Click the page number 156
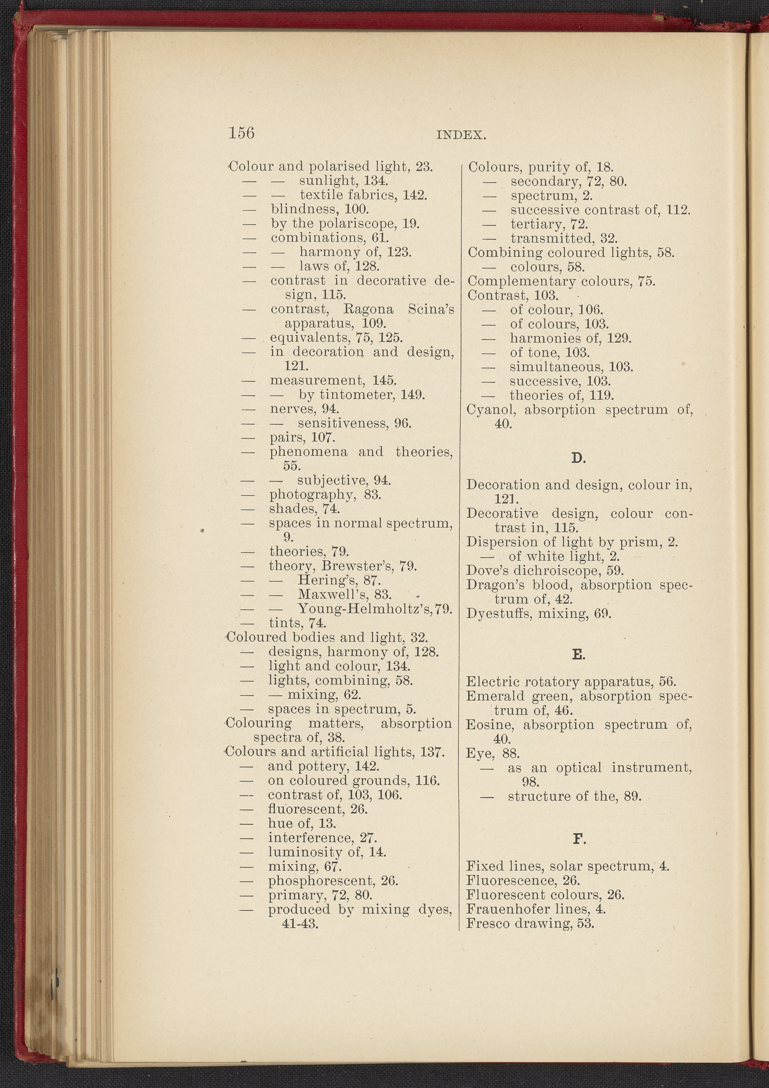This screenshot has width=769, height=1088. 241,133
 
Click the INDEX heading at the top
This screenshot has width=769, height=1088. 461,135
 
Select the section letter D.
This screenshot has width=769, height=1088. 578,458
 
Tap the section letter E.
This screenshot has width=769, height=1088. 578,655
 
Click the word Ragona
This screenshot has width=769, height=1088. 368,310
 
